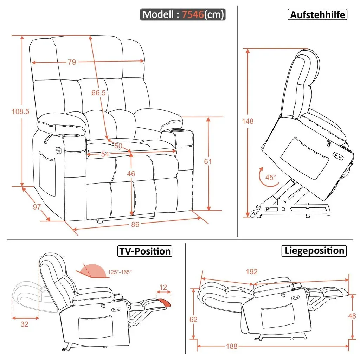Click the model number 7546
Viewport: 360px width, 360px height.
[x=193, y=14]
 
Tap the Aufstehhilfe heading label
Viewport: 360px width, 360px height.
[x=317, y=15]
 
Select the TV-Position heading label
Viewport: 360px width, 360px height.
[x=145, y=251]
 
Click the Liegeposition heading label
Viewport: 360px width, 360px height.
[x=314, y=251]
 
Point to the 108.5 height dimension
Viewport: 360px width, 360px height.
[x=20, y=111]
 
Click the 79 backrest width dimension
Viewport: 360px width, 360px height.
[x=72, y=62]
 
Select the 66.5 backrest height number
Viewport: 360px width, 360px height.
[x=98, y=92]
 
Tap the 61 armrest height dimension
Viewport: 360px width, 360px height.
[x=208, y=161]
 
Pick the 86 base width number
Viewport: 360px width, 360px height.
[x=135, y=224]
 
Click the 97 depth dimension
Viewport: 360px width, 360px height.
[x=37, y=207]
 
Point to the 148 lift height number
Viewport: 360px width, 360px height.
[x=248, y=121]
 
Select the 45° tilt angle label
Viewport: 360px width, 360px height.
[x=271, y=177]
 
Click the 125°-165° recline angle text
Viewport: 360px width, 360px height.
[x=120, y=272]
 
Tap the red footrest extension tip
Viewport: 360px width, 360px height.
[x=164, y=302]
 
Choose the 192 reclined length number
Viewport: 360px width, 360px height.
[x=252, y=272]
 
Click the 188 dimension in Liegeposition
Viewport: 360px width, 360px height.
[x=232, y=346]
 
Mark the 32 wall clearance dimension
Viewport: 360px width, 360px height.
[x=24, y=324]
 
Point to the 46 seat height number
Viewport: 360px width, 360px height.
[x=131, y=174]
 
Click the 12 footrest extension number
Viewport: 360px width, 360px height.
[x=163, y=287]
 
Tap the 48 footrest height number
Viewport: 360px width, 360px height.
[x=352, y=316]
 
